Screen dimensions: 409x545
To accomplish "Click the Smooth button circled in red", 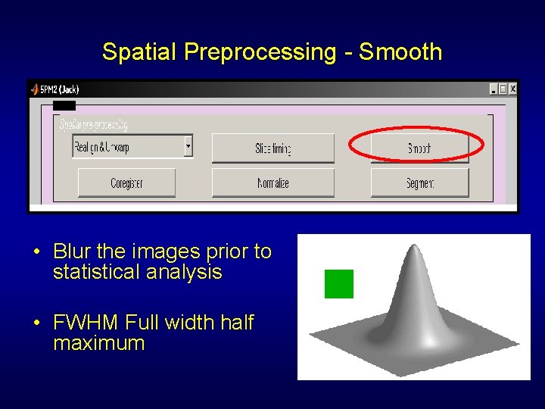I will pyautogui.click(x=419, y=148).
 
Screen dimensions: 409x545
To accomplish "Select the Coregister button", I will pyautogui.click(x=126, y=183).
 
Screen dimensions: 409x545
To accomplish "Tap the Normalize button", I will pyautogui.click(x=272, y=183).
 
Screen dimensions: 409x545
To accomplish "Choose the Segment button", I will pyautogui.click(x=419, y=183).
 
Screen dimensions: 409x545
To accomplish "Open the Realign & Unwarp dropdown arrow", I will pyautogui.click(x=188, y=145).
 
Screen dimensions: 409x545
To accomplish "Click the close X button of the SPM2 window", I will pyautogui.click(x=512, y=89).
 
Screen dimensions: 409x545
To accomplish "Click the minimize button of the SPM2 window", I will pyautogui.click(x=493, y=89).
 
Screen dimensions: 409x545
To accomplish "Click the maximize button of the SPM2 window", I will pyautogui.click(x=503, y=89).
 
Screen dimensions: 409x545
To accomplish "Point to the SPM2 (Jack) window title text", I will pyautogui.click(x=59, y=89).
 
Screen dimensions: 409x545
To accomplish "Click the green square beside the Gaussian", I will pyautogui.click(x=338, y=284).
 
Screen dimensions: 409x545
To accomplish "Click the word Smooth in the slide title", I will pyautogui.click(x=400, y=52).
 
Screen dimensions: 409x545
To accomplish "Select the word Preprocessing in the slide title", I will pyautogui.click(x=260, y=52).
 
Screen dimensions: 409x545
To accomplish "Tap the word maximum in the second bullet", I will pyautogui.click(x=98, y=343).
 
